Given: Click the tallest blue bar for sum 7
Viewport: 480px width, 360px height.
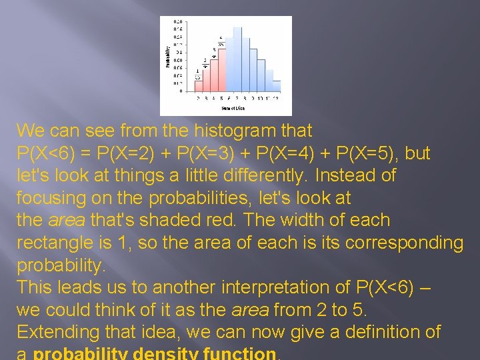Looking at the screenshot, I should (237, 60).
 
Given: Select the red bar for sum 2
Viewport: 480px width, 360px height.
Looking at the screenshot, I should (198, 83).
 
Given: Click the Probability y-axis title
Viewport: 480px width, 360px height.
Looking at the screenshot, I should (167, 56).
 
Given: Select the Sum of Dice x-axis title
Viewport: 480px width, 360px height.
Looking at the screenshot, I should (233, 108).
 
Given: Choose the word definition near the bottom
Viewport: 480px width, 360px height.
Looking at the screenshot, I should (379, 332).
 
